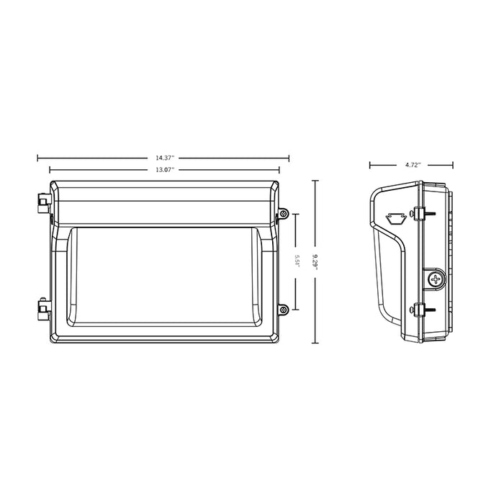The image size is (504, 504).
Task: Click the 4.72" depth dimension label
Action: click(413, 165)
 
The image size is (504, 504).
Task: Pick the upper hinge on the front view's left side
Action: click(41, 201)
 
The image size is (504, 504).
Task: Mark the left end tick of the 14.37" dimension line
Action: click(37, 158)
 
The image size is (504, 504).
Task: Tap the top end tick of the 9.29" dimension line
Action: click(315, 180)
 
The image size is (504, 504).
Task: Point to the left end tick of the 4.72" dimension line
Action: click(370, 165)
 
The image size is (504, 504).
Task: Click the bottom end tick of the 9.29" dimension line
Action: click(315, 342)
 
